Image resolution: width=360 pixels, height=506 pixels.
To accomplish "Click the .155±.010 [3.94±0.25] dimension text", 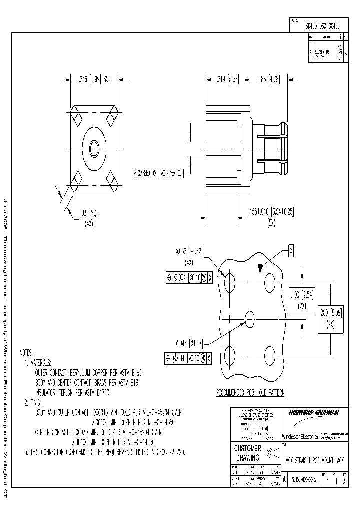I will tap(270, 212).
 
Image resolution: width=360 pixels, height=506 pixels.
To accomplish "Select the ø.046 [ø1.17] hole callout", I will tap(189, 343).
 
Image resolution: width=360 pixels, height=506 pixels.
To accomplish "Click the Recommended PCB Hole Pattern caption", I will tap(250, 393).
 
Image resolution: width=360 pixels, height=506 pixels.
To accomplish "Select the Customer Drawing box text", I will tap(248, 453).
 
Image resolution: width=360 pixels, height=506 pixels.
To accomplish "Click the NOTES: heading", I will tap(27, 351).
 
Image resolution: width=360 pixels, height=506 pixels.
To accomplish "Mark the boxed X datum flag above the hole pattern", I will tap(291, 250).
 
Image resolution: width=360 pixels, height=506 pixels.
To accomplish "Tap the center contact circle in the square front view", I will tap(94, 149).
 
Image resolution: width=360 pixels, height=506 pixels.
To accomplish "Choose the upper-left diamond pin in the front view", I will tap(78, 120).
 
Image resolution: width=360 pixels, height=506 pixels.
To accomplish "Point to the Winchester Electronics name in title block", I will tap(300, 436).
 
